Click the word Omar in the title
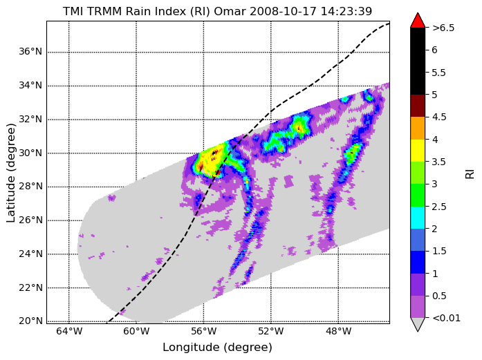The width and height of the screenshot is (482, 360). pos(230,11)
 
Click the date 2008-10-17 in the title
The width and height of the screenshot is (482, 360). pos(283,11)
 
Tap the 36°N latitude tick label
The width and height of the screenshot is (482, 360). pos(30,51)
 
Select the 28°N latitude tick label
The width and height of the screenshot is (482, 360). pos(30,187)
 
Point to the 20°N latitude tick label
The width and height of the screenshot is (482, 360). pos(30,321)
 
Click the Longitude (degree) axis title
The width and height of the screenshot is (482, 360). pos(218,348)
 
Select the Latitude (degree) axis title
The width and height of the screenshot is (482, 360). pos(10,173)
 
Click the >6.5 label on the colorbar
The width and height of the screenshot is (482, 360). pos(443,28)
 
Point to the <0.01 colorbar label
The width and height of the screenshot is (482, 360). pos(446,318)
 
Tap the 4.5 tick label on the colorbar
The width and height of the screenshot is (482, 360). pos(439,117)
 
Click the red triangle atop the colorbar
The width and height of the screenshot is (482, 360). pos(418,21)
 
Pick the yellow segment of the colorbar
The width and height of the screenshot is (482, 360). pos(418,151)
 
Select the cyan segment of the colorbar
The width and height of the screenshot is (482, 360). pos(418,218)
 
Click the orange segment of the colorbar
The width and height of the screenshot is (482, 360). pos(418,128)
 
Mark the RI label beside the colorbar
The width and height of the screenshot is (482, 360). pos(470,174)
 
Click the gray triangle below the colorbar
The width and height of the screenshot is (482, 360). pos(418,324)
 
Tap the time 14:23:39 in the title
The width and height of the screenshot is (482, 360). pos(346,11)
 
